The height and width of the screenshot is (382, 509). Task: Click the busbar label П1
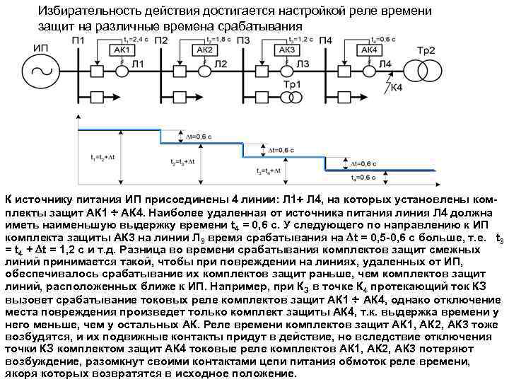tap(78, 40)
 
